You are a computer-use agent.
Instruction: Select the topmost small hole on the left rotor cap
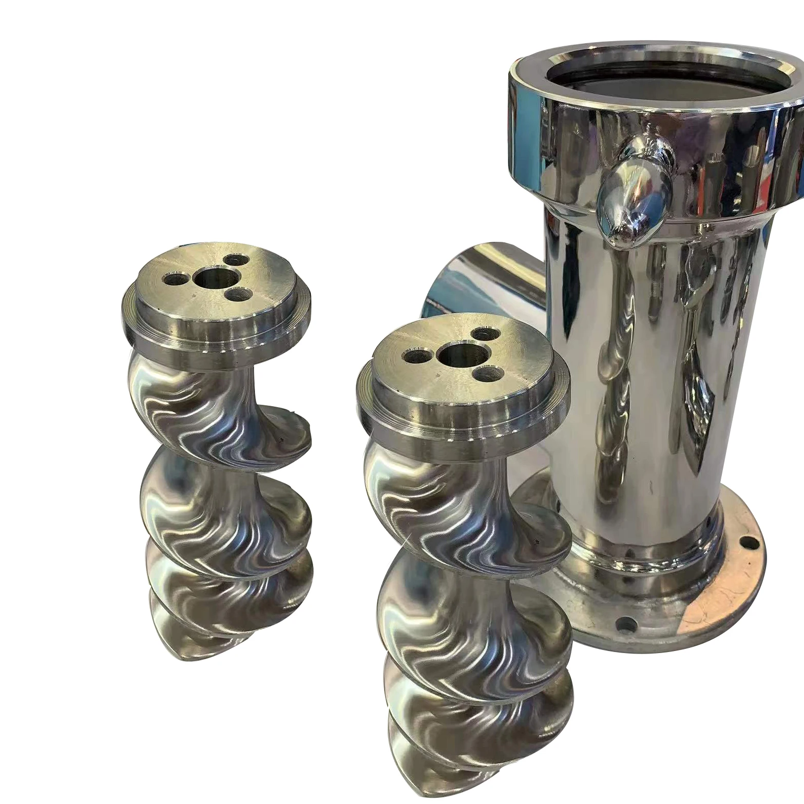236,260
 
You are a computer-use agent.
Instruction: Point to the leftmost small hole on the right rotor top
415,355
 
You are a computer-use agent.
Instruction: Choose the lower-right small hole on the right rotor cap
485,373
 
